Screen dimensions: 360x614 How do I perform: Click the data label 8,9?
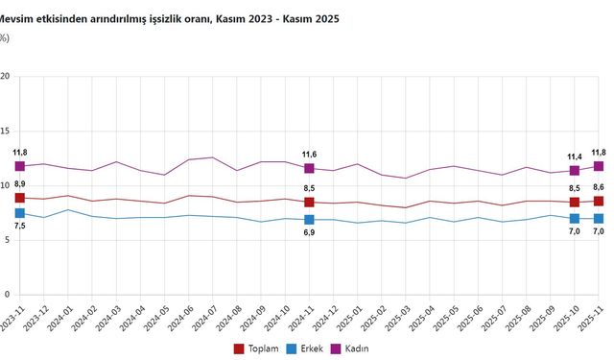point(19,183)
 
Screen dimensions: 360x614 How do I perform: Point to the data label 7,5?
point(19,226)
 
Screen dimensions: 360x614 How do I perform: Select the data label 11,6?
point(309,154)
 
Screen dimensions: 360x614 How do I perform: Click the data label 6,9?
point(309,232)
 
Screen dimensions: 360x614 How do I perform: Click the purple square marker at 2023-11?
point(19,166)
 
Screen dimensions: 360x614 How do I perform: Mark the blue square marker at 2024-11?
point(309,220)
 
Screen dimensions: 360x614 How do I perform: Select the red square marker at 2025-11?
point(599,201)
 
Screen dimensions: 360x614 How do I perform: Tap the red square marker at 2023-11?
point(19,198)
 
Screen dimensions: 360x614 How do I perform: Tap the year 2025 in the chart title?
point(323,18)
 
